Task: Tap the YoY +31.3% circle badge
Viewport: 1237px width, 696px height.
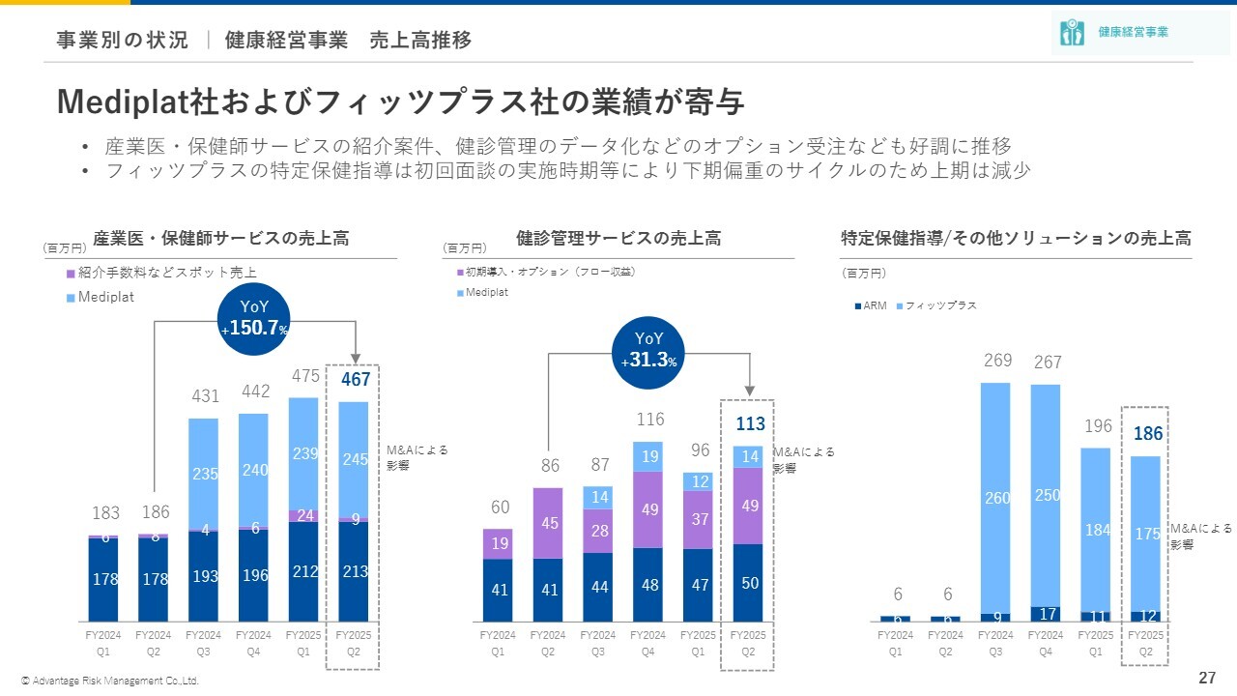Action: [648, 350]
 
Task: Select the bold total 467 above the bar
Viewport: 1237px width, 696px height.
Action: [355, 380]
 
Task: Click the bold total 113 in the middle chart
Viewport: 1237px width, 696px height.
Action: [750, 423]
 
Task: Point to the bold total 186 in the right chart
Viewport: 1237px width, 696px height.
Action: [1148, 434]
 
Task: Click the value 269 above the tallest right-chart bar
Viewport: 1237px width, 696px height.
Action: [997, 361]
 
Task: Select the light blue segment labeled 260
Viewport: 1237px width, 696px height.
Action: [997, 498]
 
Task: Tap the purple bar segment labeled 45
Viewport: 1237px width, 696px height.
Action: [548, 523]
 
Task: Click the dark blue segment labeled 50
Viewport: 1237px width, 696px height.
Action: [750, 582]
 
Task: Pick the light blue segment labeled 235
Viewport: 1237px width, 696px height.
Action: [204, 474]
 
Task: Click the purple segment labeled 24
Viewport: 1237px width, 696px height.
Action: [304, 515]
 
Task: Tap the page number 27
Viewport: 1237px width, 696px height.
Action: [1207, 677]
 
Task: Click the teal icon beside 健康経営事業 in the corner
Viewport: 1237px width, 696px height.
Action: [1070, 32]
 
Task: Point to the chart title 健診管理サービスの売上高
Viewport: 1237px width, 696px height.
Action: [618, 238]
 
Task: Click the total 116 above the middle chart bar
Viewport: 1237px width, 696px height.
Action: [648, 420]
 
